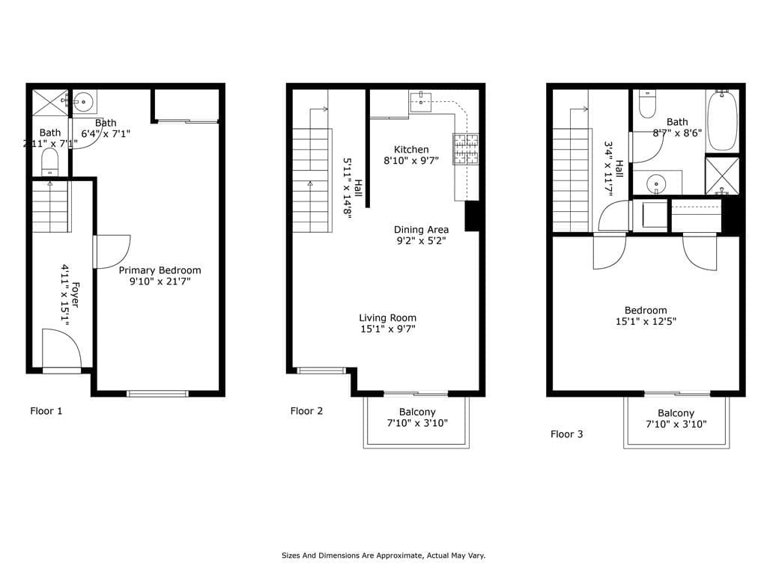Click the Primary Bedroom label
click(160, 270)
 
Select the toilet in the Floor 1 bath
click(49, 162)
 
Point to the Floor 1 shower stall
click(49, 102)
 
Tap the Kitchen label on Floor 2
click(411, 150)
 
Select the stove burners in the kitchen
click(464, 148)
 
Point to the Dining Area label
click(421, 230)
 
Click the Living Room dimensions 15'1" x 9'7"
click(387, 329)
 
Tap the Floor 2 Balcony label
click(416, 412)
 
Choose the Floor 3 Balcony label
click(676, 413)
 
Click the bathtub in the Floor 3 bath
click(722, 121)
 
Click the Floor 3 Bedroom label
click(646, 311)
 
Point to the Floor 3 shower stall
click(722, 176)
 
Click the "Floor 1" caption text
click(46, 411)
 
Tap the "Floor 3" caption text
click(567, 434)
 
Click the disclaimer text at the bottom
click(383, 556)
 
